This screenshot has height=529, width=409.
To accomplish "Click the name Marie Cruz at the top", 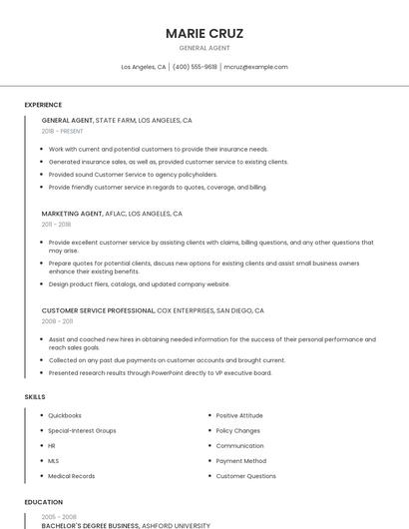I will coord(204,33).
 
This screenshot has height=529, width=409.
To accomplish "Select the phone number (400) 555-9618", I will coord(195,67).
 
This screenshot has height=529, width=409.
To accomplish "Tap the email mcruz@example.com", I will coord(255,67).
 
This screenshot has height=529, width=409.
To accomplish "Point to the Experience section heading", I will coord(43,105).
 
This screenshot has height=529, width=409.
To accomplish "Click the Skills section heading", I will coord(35,397).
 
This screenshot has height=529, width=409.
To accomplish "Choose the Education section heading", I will coord(44,502).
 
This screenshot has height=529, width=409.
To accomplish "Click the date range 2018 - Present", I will coord(63,131).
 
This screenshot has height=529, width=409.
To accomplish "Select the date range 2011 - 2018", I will coord(56,225).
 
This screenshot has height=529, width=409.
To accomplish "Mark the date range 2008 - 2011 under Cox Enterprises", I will coord(57,321).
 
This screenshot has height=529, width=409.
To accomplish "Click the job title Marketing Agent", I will coord(72,214).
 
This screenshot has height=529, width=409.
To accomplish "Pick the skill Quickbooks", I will coord(65,415).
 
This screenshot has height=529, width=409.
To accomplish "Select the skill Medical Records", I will coord(72,476).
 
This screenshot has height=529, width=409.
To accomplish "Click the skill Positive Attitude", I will coord(239,415).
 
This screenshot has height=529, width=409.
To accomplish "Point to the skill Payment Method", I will coord(240,461).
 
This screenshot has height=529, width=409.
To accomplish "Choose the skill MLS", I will coord(54,461).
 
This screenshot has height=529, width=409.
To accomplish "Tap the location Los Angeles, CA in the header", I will coord(144,67).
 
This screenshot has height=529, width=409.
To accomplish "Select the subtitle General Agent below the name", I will coord(204,48).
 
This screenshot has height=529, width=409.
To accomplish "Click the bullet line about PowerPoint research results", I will coord(160,373).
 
